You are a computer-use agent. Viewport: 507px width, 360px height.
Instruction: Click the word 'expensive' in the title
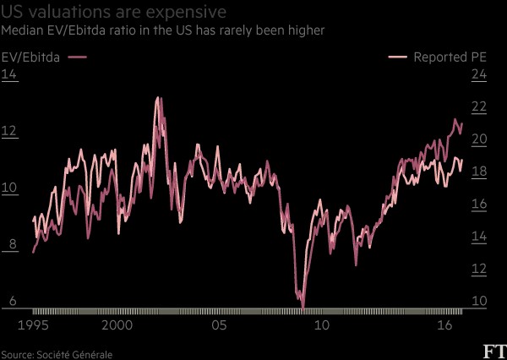pyautogui.click(x=186, y=13)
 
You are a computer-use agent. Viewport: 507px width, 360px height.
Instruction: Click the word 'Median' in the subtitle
pyautogui.click(x=19, y=30)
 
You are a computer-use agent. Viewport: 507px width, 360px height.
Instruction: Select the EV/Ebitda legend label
pyautogui.click(x=30, y=57)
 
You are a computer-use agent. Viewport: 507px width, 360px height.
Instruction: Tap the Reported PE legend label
pyautogui.click(x=450, y=57)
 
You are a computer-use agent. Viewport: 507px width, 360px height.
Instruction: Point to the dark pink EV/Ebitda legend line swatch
pyautogui.click(x=77, y=57)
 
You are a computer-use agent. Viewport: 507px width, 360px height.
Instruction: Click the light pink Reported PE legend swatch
pyautogui.click(x=398, y=57)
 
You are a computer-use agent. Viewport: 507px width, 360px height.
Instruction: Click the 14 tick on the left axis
pyautogui.click(x=9, y=74)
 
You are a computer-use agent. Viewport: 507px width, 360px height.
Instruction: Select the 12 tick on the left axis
pyautogui.click(x=9, y=131)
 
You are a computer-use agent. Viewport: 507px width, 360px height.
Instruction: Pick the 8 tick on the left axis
pyautogui.click(x=13, y=244)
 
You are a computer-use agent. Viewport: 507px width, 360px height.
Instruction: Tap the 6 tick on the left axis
pyautogui.click(x=13, y=301)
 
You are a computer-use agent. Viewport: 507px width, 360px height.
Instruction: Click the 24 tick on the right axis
pyautogui.click(x=479, y=74)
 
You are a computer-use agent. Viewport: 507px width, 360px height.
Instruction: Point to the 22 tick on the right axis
pyautogui.click(x=479, y=106)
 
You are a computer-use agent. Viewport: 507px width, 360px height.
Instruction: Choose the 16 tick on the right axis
pyautogui.click(x=479, y=204)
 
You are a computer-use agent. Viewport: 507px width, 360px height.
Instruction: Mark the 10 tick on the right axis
pyautogui.click(x=479, y=301)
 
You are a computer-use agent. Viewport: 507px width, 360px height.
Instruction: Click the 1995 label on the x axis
pyautogui.click(x=33, y=325)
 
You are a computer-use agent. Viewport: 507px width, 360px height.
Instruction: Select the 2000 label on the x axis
pyautogui.click(x=117, y=325)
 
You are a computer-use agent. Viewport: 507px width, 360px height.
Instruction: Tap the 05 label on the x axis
pyautogui.click(x=219, y=325)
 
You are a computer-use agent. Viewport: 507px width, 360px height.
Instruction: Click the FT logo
pyautogui.click(x=495, y=352)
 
